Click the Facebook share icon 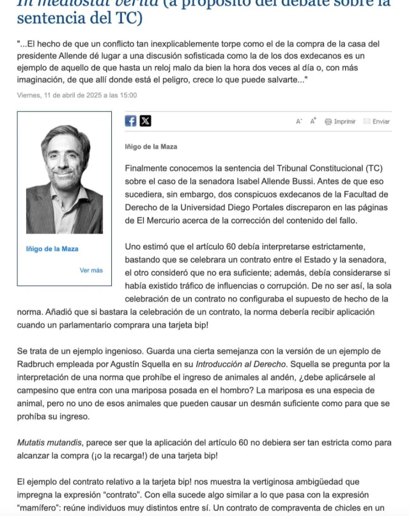(130, 121)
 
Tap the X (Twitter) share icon (145, 121)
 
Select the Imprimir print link (341, 121)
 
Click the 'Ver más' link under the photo (91, 270)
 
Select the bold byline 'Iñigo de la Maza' (151, 147)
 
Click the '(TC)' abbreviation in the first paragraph (374, 168)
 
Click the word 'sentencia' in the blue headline (49, 17)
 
